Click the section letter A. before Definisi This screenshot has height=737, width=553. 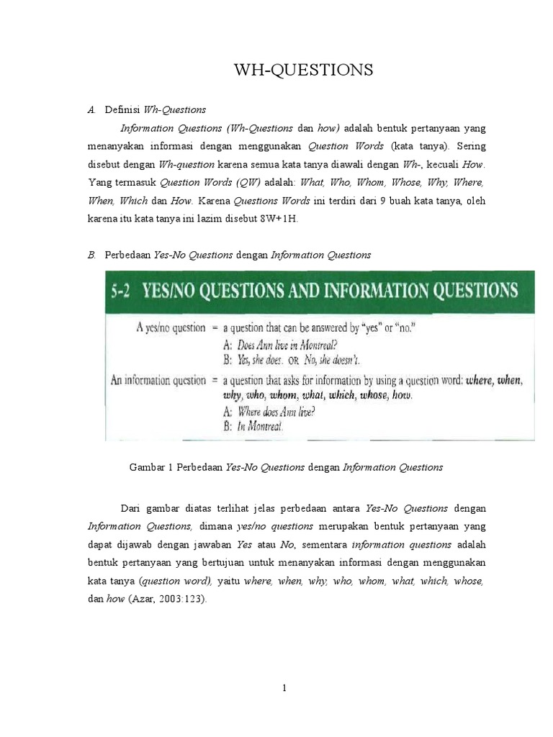pyautogui.click(x=91, y=110)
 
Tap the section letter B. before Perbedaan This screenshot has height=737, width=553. pyautogui.click(x=91, y=254)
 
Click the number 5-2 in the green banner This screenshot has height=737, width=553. pyautogui.click(x=124, y=291)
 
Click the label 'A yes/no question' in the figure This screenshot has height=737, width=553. pyautogui.click(x=171, y=327)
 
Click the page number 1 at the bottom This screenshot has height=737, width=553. pyautogui.click(x=285, y=688)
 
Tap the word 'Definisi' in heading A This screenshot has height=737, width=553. pyautogui.click(x=123, y=110)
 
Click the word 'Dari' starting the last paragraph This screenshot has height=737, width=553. pyautogui.click(x=131, y=508)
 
